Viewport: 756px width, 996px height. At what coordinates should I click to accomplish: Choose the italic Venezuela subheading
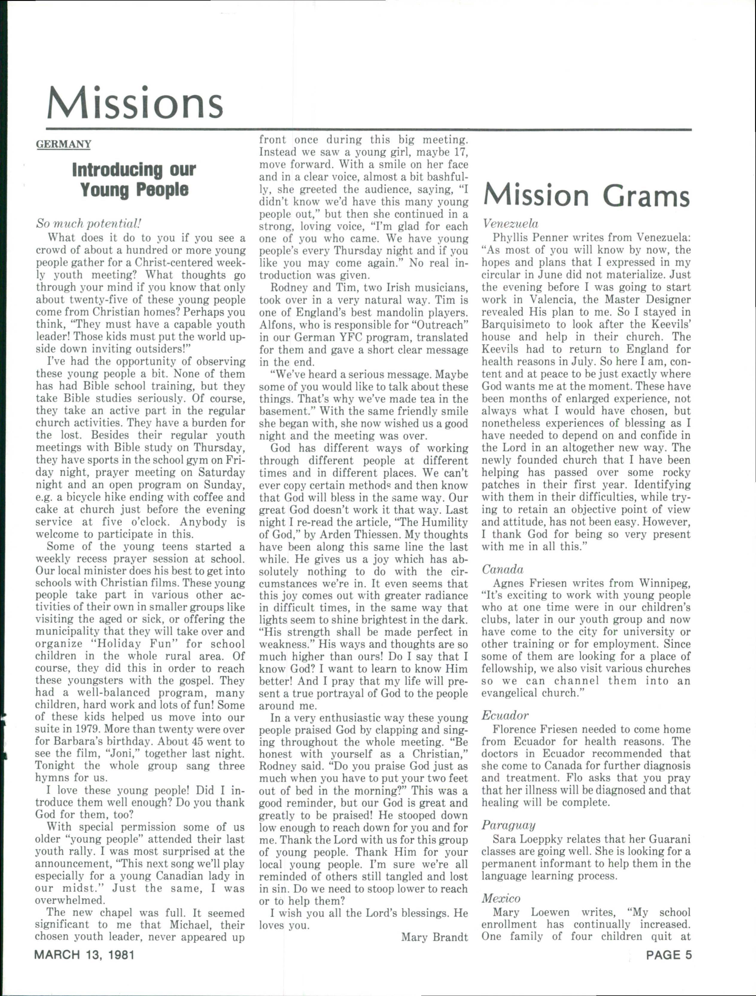coord(510,224)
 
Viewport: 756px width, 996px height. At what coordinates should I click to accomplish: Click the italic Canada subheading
coord(502,570)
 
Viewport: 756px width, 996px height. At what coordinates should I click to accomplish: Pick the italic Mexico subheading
coord(501,898)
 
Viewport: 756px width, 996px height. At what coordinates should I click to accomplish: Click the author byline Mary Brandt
coord(434,937)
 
